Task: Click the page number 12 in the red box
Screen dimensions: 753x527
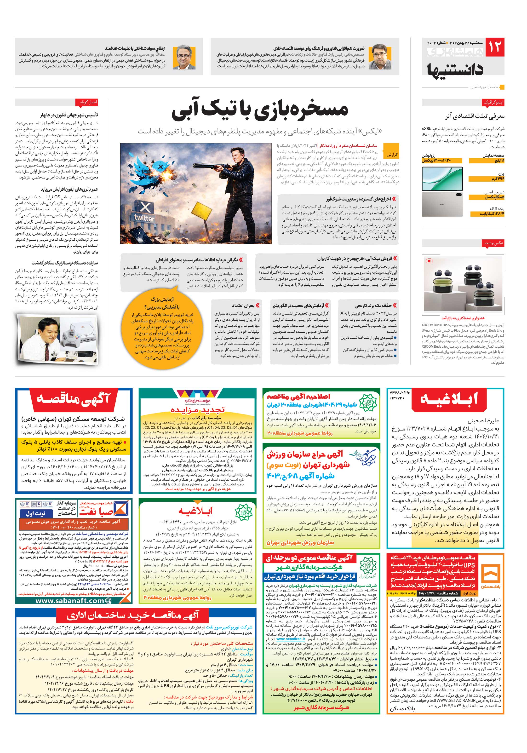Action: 494,47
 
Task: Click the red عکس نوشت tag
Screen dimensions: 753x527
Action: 493,243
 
